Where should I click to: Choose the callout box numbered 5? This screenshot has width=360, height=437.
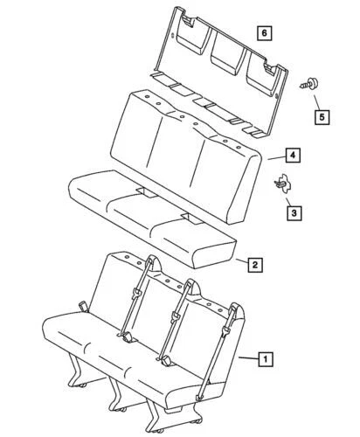coord(322,114)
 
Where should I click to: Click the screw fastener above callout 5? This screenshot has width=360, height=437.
coord(307,86)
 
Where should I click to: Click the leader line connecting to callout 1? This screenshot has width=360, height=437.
coord(249,359)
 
